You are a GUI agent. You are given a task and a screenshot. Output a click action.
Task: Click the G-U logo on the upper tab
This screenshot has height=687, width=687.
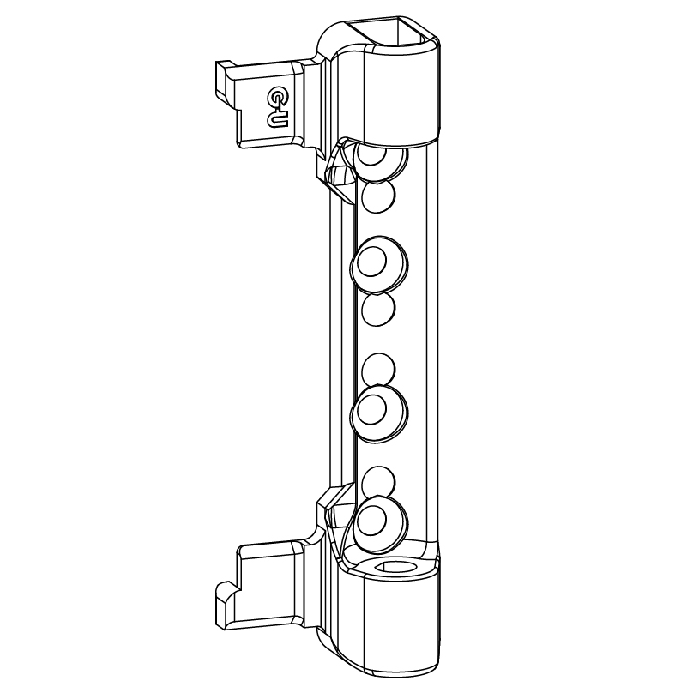point(277,107)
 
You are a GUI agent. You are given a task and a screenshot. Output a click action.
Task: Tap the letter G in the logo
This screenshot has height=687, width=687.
point(277,96)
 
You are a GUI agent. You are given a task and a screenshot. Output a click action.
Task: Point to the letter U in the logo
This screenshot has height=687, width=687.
point(278,119)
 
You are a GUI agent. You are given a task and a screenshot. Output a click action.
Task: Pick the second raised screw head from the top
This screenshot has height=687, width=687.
point(379,264)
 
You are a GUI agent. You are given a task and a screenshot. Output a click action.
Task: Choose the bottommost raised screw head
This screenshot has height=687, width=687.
point(379,521)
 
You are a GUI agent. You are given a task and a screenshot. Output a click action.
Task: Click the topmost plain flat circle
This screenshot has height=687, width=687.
point(378,197)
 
